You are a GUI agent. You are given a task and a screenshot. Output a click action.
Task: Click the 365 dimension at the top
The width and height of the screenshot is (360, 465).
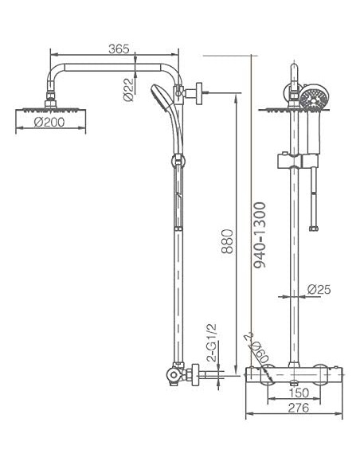tap(119, 49)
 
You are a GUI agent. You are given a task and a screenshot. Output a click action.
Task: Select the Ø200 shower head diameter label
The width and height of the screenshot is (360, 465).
tap(50, 123)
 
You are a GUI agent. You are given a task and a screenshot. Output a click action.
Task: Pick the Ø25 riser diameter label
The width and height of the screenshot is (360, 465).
tap(319, 290)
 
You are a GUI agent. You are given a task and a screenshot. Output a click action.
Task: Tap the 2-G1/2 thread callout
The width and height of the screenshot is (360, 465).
tap(212, 342)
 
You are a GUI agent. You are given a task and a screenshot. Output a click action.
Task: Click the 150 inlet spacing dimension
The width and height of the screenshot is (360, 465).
tap(299, 393)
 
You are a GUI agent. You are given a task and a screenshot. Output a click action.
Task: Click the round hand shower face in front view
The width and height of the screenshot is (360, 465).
tap(313, 100)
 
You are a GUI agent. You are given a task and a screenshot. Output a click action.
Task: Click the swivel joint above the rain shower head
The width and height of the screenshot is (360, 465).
tap(51, 98)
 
